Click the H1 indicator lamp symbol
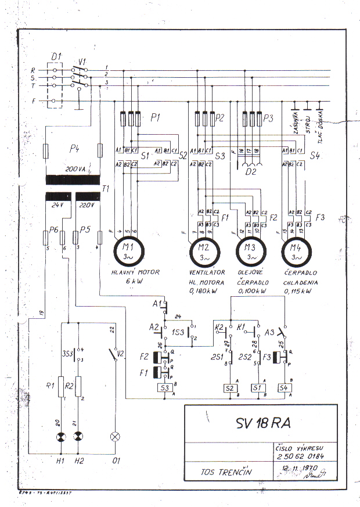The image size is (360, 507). [60, 437]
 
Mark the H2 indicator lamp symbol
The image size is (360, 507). [78, 437]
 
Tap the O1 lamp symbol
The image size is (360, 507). [115, 437]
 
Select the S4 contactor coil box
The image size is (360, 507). [284, 387]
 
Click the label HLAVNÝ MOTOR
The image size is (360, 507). [135, 272]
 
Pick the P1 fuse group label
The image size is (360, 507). [154, 117]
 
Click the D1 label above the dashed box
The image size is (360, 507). [56, 56]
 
